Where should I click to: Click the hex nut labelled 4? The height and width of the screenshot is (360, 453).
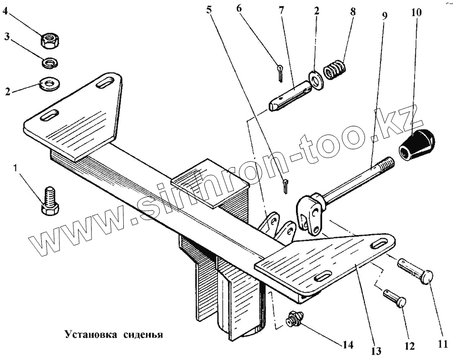click(50, 39)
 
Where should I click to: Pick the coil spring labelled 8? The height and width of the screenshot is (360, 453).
click(334, 70)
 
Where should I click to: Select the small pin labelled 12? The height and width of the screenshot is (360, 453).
click(394, 298)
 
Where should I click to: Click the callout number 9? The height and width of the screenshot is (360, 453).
click(385, 15)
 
